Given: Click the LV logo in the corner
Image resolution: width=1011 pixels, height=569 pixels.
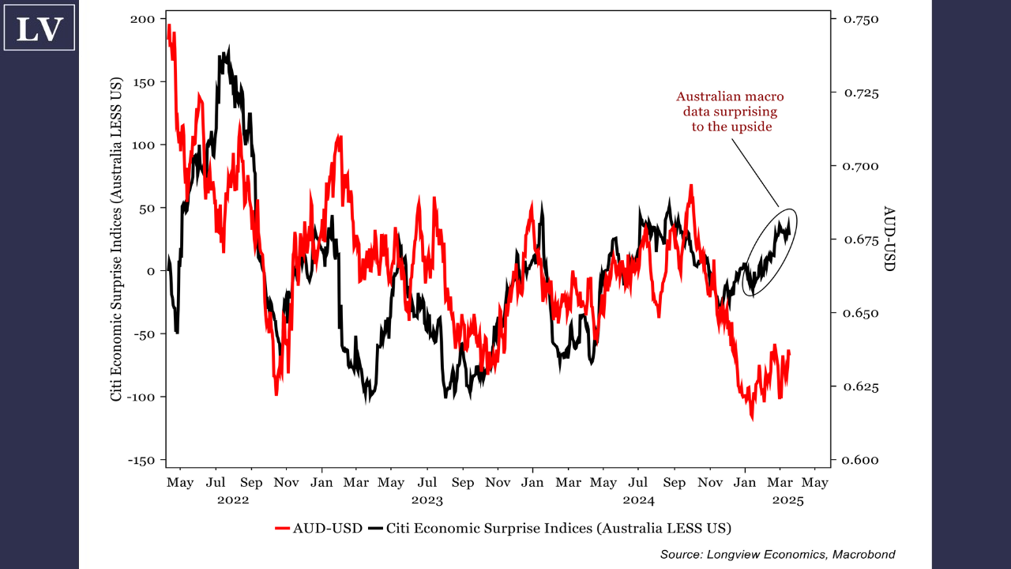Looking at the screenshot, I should pos(39,28).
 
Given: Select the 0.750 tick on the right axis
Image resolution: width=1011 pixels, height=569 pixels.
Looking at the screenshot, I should pos(862,19).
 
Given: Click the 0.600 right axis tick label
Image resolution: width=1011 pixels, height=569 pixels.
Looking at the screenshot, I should pos(862,460).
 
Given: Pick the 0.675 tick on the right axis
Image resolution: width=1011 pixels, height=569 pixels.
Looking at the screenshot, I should pos(862,239).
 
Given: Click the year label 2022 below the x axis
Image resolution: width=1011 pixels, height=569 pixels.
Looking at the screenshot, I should pos(233,500).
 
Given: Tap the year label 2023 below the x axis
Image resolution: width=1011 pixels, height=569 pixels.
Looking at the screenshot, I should pos(427,500).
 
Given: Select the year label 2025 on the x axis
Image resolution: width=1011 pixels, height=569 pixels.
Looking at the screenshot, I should pos(787,500).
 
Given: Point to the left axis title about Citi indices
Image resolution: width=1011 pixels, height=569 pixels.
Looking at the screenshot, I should pos(117,239).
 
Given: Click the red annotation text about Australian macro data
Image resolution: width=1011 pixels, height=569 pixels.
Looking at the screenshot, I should pos(731,111).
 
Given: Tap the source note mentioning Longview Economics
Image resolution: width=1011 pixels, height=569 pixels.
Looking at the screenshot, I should pos(777,555).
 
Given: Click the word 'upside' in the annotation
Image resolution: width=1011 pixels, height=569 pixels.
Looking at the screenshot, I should pos(753,126).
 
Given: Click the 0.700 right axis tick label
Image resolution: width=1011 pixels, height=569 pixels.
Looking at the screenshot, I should pos(862,166).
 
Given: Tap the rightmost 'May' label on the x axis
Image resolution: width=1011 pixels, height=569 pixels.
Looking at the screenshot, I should pos(816,482).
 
